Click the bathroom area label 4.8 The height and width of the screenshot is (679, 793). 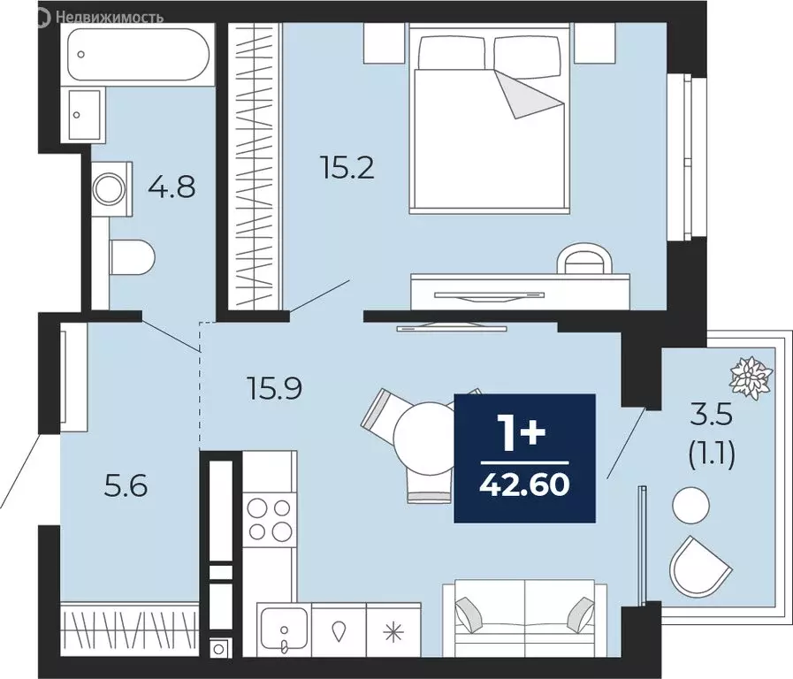tap(172, 187)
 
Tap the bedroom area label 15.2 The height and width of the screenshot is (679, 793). tap(347, 167)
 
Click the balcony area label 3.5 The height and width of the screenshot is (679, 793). tap(710, 414)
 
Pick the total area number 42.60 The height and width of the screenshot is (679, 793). tap(524, 485)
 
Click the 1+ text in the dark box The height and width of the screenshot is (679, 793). tap(524, 435)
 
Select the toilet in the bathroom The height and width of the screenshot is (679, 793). tap(133, 258)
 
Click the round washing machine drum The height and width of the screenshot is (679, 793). tap(111, 187)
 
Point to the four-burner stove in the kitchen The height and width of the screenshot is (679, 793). tap(270, 520)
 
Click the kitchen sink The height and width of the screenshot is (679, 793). tap(283, 629)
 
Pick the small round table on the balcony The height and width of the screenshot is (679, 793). tap(690, 506)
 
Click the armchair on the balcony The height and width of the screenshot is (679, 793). tap(698, 566)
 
